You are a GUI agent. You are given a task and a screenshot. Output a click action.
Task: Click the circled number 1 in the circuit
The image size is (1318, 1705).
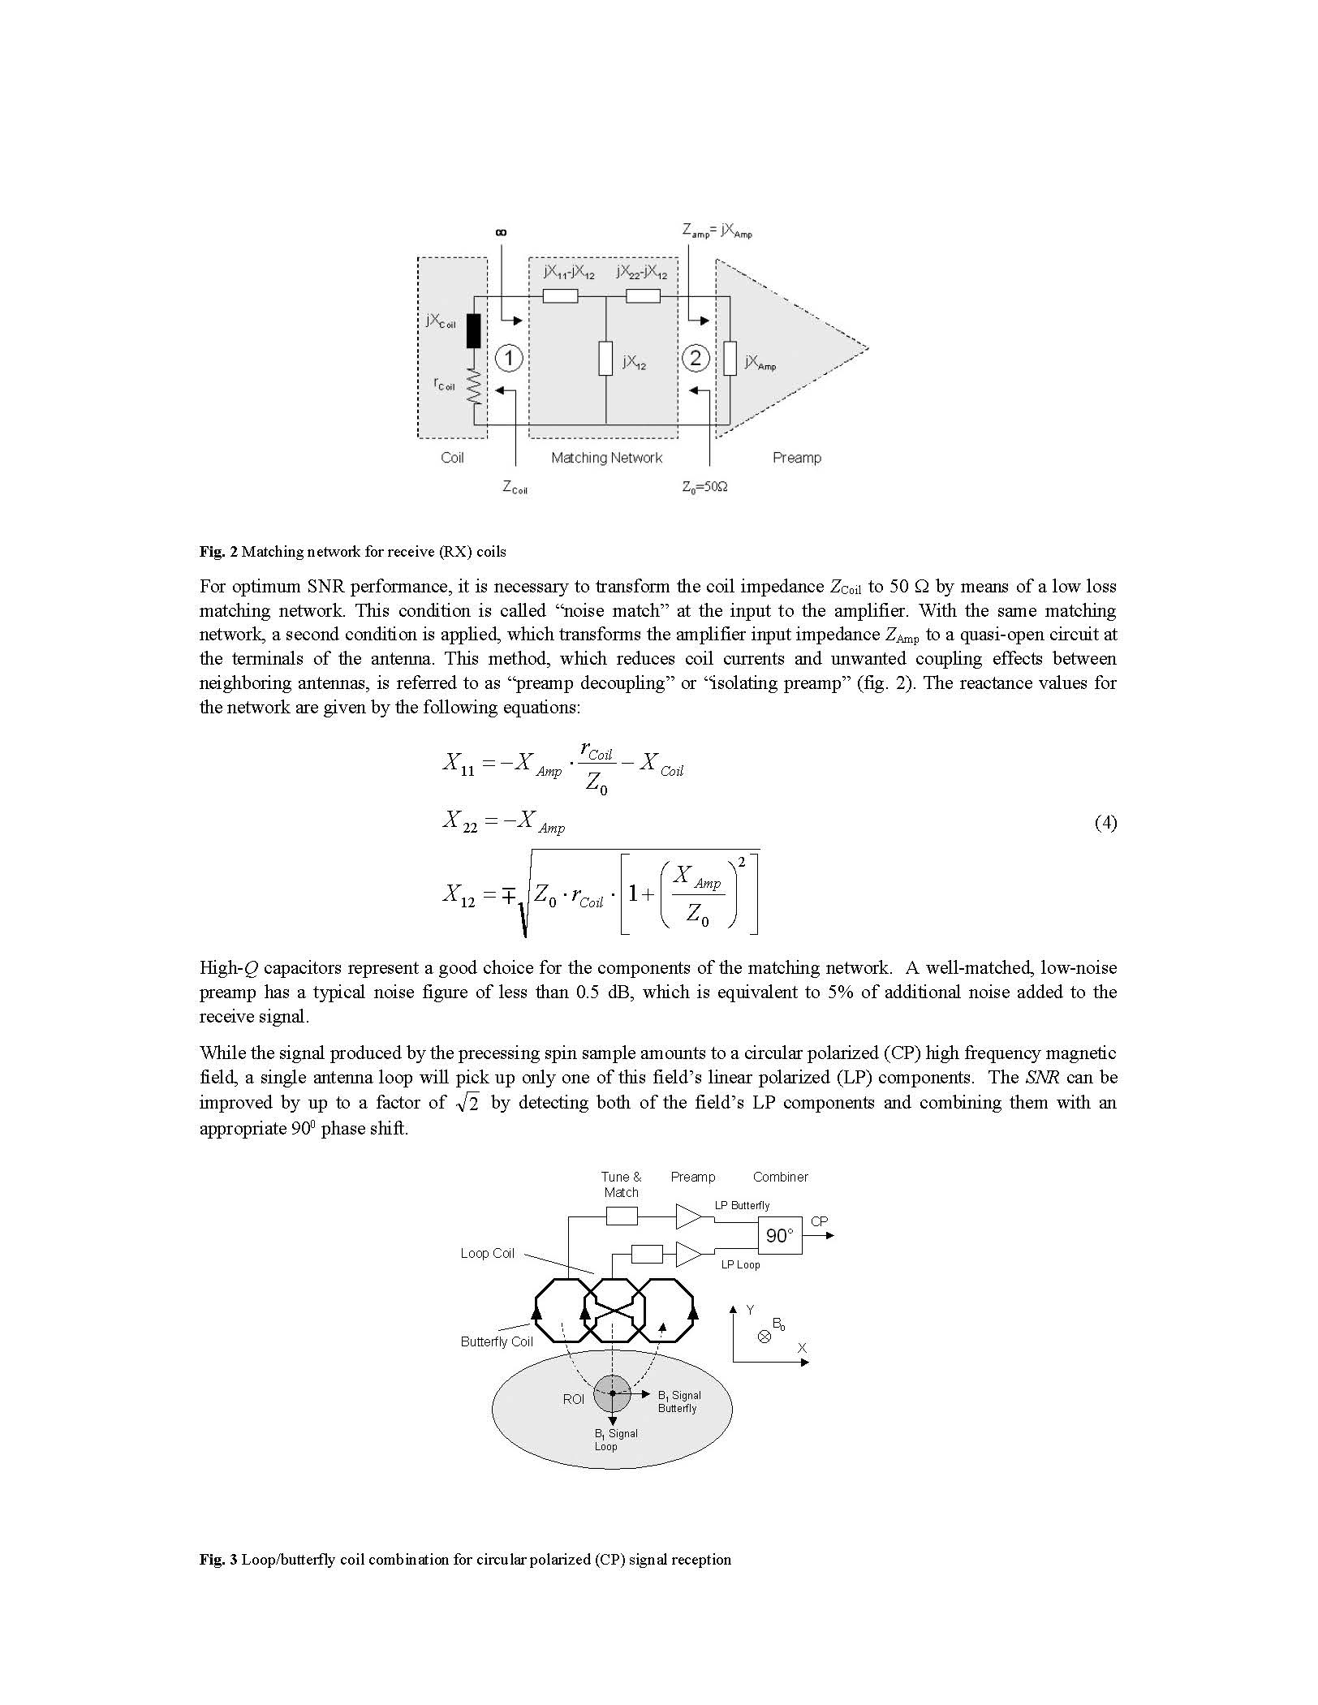click(508, 358)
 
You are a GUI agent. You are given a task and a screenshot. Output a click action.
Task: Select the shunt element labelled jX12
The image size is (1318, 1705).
click(605, 359)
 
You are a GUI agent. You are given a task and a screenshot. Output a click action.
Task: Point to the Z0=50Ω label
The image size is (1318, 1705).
click(704, 487)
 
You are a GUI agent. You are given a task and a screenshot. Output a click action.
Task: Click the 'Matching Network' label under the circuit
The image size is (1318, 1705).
click(606, 458)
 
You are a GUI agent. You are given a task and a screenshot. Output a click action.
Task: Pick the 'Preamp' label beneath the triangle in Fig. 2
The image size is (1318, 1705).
click(796, 458)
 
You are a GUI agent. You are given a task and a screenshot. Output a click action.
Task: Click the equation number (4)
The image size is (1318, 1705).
click(1105, 823)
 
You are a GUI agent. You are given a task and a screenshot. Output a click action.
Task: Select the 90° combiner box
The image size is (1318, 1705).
click(779, 1235)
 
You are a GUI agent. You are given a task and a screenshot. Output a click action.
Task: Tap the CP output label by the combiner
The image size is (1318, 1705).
click(819, 1221)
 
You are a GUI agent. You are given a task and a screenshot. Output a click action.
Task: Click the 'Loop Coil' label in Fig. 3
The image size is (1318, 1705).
click(487, 1253)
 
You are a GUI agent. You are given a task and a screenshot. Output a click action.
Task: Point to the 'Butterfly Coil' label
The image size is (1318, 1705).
click(496, 1341)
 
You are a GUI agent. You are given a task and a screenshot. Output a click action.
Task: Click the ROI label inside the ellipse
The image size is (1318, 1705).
click(573, 1399)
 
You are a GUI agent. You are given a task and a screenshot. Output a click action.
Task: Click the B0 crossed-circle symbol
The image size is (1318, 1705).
click(764, 1337)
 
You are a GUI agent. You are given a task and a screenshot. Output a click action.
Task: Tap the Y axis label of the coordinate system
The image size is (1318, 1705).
click(750, 1310)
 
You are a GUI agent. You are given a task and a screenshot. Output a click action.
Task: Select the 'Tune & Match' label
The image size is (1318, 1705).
click(621, 1184)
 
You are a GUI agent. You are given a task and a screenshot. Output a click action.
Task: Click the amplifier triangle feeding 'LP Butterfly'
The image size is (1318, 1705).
click(687, 1216)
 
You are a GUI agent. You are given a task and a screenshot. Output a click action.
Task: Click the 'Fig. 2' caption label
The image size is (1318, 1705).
click(218, 552)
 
